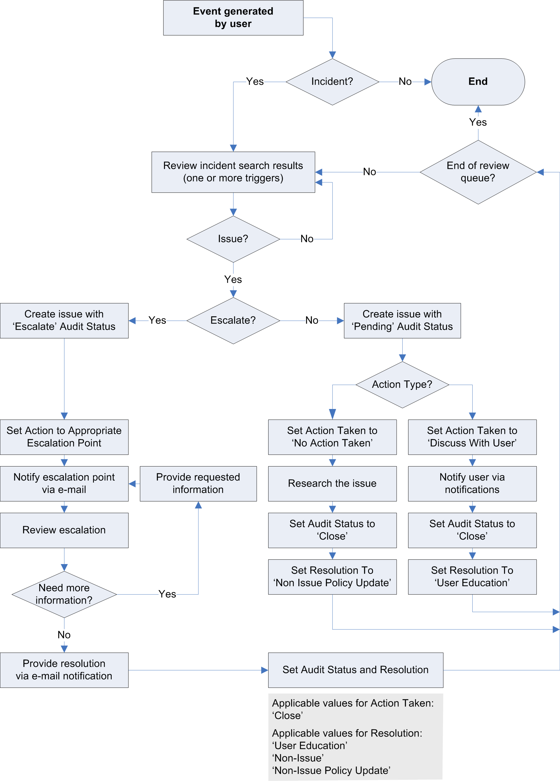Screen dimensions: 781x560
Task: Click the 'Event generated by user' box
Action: pos(233,18)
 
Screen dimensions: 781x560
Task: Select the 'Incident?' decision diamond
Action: pos(332,82)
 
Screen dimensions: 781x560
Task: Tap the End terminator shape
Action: pos(478,82)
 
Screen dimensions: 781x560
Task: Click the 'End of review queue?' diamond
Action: pos(478,172)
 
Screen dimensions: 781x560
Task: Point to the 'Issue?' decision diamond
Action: pos(233,239)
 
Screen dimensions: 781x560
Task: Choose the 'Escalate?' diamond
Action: pos(233,321)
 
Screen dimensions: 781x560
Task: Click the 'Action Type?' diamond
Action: pos(402,385)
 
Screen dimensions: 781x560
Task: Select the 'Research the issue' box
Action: pos(332,484)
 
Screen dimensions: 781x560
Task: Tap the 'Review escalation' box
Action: pos(64,530)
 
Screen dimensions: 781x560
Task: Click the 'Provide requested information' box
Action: pos(198,484)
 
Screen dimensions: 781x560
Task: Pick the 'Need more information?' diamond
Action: pos(64,594)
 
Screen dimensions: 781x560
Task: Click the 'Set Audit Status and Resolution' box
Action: pos(355,670)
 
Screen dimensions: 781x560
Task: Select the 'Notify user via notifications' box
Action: pos(472,484)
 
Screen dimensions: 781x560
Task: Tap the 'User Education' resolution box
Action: pos(472,577)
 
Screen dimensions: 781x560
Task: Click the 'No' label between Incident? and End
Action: pos(405,82)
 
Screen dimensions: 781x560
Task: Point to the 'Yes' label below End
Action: pos(478,122)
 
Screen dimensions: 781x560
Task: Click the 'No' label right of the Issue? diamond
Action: pos(307,239)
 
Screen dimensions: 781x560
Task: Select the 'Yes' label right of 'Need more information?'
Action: pos(167,594)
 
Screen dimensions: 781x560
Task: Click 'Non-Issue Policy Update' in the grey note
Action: pos(331,770)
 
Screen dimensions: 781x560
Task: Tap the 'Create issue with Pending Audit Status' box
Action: pos(402,321)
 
